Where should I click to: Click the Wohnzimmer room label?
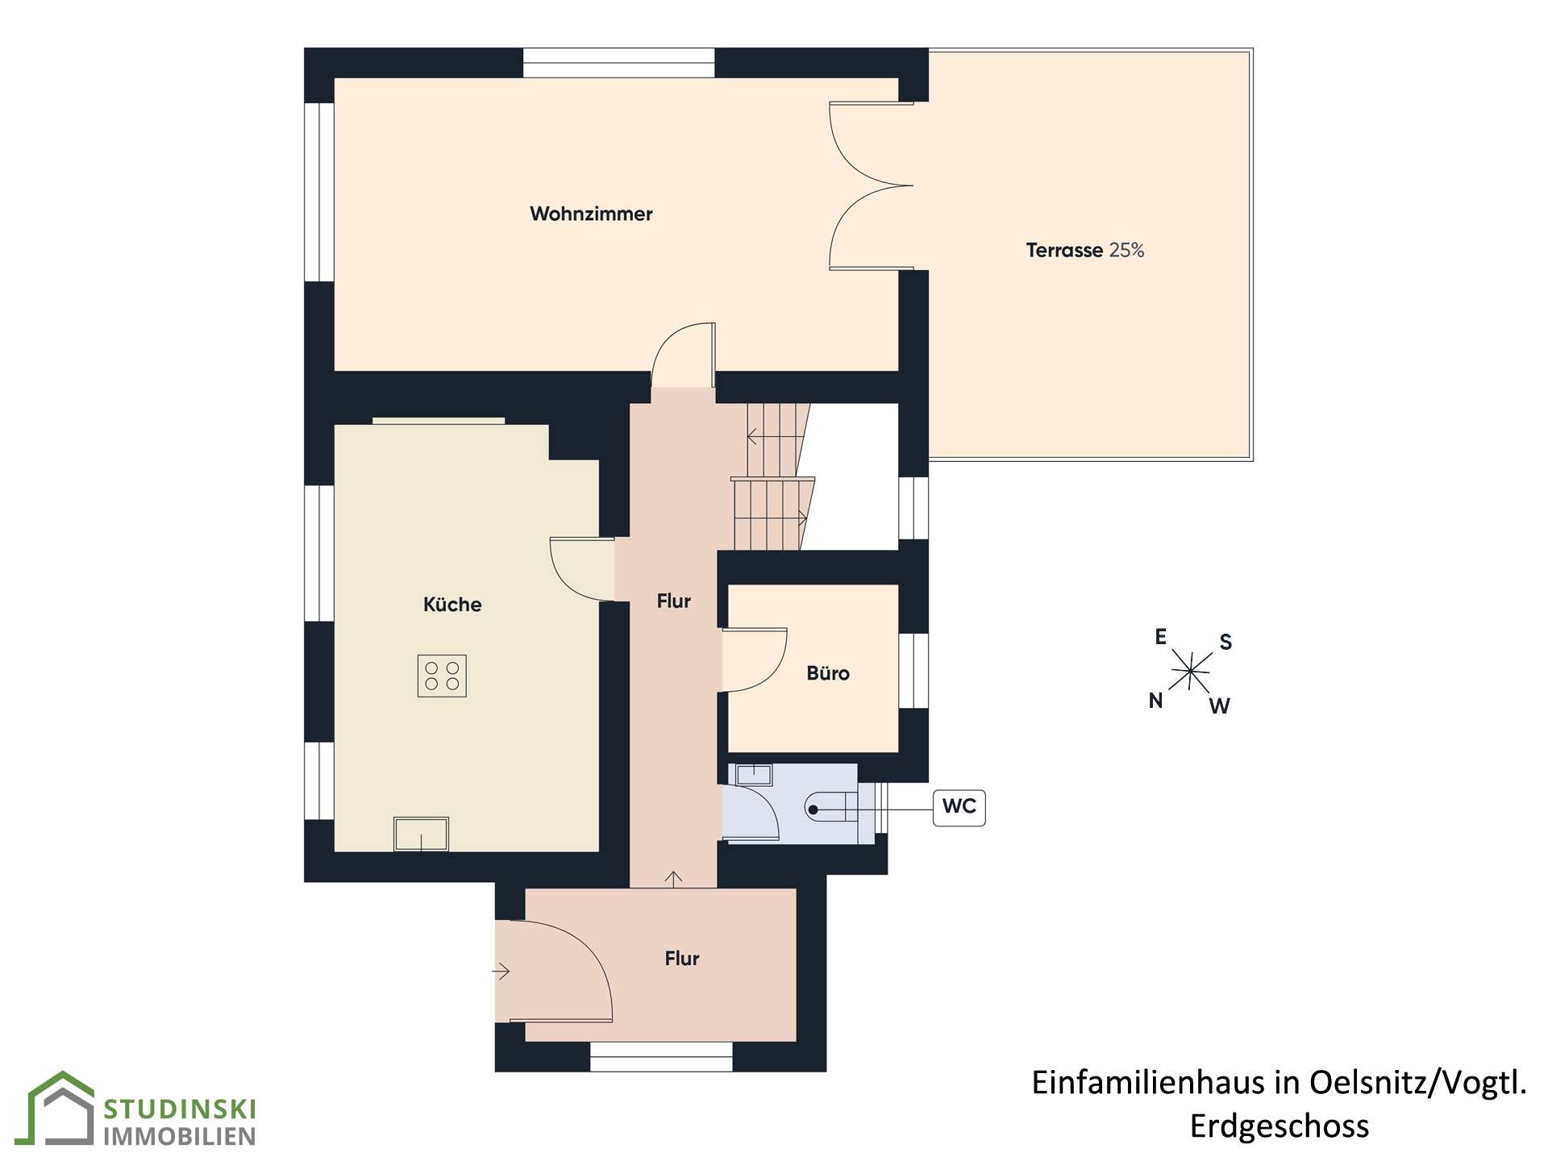[x=591, y=214]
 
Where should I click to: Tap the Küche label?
[x=452, y=604]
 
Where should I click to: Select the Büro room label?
[x=828, y=673]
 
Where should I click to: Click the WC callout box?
[x=959, y=806]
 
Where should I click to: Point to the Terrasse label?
[x=1064, y=250]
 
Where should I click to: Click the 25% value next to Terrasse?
[x=1126, y=250]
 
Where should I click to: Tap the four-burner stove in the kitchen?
[x=442, y=676]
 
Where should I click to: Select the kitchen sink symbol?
[x=421, y=834]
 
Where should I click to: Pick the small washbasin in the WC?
[x=754, y=775]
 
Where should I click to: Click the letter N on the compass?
[x=1155, y=701]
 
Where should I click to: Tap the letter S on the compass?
[x=1225, y=642]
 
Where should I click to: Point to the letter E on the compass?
[x=1160, y=637]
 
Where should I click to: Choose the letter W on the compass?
[x=1219, y=706]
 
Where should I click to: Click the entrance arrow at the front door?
[x=501, y=972]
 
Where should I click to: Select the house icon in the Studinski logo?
[x=60, y=1109]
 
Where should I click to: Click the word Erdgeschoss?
[x=1280, y=1126]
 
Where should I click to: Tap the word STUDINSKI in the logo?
[x=180, y=1109]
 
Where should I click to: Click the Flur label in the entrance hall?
[x=682, y=958]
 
